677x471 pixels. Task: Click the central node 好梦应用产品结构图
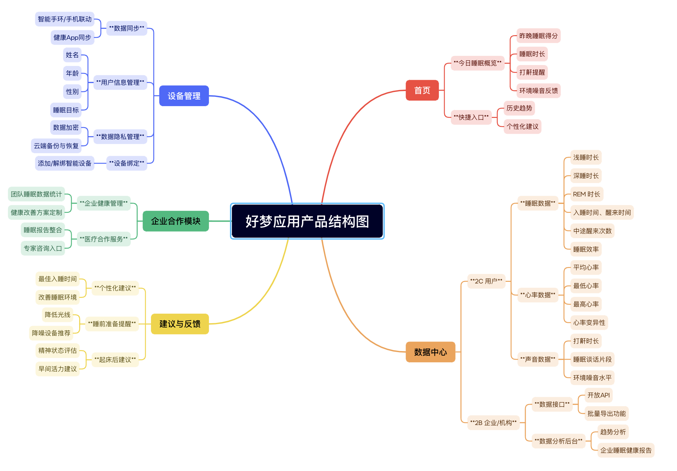(x=307, y=221)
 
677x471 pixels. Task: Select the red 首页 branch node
(x=422, y=90)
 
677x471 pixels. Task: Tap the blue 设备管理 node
(x=184, y=96)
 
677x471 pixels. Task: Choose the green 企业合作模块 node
(x=176, y=221)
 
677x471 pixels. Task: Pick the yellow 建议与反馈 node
(x=180, y=324)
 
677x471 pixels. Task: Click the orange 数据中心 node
(x=430, y=352)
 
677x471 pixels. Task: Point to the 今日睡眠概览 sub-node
(x=477, y=63)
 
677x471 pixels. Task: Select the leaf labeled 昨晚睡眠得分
(x=539, y=36)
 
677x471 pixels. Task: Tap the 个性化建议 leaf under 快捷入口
(x=522, y=126)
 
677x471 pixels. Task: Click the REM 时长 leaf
(x=587, y=194)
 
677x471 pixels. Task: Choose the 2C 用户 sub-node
(x=486, y=281)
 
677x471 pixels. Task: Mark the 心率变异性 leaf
(x=589, y=323)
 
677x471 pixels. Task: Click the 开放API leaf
(x=599, y=395)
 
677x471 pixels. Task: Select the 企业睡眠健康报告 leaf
(x=626, y=450)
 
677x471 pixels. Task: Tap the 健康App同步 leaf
(x=72, y=37)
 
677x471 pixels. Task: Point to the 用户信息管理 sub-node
(x=120, y=82)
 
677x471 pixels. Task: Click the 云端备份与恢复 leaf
(x=56, y=146)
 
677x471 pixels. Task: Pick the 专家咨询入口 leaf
(x=43, y=248)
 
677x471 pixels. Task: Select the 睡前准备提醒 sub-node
(x=112, y=324)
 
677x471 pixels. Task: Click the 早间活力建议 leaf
(x=58, y=369)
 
